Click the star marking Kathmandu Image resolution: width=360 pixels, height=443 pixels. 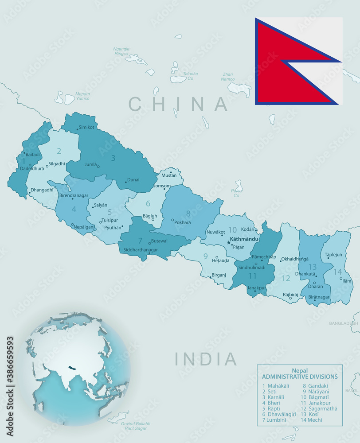click(x=229, y=242)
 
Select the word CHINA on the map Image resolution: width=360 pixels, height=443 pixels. click(x=178, y=104)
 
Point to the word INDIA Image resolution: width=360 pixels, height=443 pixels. click(x=206, y=359)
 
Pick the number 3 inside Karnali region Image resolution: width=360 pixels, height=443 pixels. click(x=113, y=158)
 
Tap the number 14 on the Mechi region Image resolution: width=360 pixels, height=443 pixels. click(x=338, y=272)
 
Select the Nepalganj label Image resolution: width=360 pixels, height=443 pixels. click(x=84, y=227)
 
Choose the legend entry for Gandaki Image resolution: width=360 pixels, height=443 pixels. click(x=315, y=386)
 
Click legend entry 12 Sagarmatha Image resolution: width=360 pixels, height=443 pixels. click(x=318, y=408)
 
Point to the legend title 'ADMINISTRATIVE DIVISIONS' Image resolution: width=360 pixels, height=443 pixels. click(x=300, y=377)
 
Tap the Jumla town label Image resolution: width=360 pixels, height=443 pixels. click(x=90, y=164)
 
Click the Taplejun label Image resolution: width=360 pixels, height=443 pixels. click(x=333, y=255)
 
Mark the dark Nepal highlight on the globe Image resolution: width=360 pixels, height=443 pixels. click(x=71, y=367)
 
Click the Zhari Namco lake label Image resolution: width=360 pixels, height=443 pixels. click(x=228, y=76)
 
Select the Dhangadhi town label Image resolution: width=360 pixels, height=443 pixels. click(x=42, y=190)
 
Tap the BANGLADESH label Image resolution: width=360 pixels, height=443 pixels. click(x=343, y=323)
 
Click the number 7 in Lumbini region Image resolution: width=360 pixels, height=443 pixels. click(x=140, y=241)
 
